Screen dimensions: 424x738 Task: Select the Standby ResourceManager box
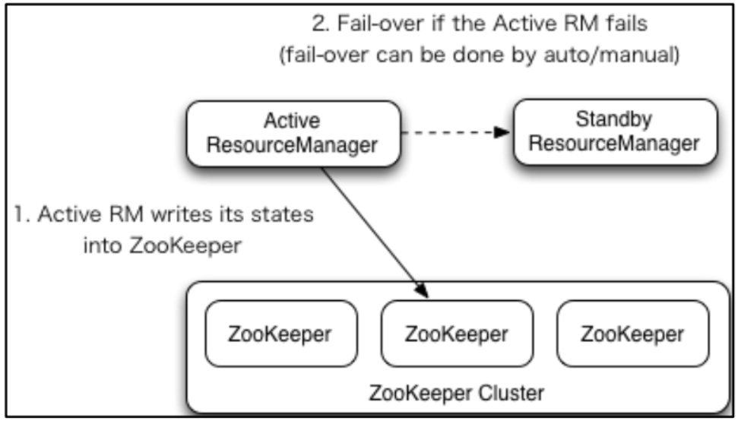pos(614,134)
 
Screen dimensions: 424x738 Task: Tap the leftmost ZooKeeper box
pos(280,334)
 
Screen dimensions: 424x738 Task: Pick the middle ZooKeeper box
pos(456,334)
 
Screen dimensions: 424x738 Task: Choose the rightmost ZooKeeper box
pos(632,334)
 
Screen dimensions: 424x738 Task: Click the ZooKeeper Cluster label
pos(456,394)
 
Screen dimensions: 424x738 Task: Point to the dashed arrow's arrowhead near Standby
pos(502,132)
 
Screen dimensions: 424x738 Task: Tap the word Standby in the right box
pos(614,121)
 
